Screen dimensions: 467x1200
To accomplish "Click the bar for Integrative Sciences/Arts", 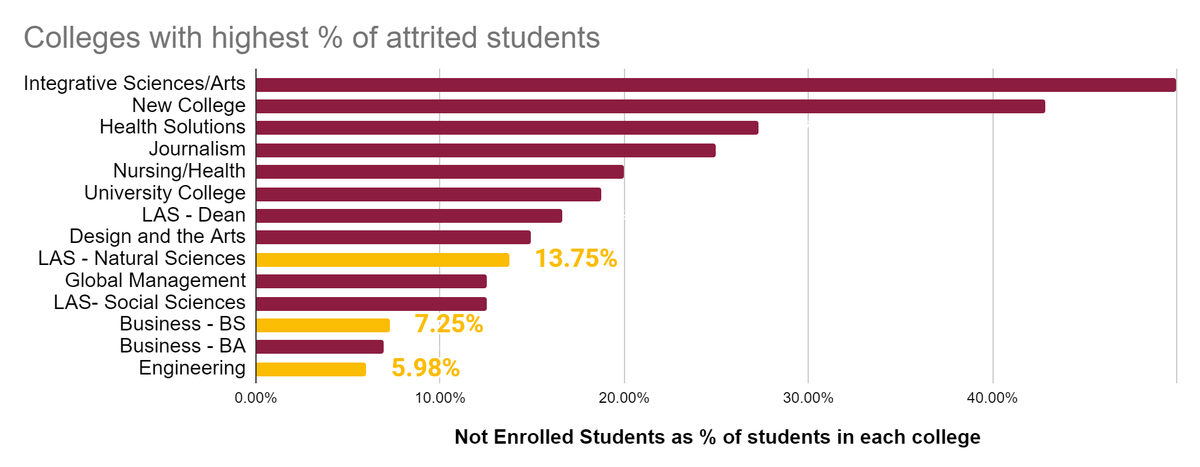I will point(716,85).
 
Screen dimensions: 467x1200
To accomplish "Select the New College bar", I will point(650,106).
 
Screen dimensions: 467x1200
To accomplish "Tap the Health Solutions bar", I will point(507,128).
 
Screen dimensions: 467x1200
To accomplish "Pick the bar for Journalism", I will point(486,150).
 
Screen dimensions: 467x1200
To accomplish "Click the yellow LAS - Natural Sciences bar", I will point(382,259).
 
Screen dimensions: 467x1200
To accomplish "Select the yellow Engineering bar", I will point(311,369).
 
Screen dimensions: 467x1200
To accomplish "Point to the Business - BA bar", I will point(319,347).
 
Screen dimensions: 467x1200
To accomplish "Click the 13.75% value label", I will point(575,259).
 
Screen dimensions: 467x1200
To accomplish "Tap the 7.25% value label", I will point(448,324).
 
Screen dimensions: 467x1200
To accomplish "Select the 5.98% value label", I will point(425,368).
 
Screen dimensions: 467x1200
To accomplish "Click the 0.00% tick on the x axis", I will point(256,398).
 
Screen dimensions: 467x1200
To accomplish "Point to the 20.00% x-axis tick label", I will point(624,398).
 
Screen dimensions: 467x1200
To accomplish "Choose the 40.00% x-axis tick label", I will point(992,398).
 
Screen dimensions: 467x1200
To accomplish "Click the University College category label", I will point(165,193).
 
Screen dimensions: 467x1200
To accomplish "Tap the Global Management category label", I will point(155,280).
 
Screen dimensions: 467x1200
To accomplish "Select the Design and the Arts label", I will point(157,236).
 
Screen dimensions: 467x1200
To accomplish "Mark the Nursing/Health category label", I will point(179,171).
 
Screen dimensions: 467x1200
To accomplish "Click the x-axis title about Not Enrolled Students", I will point(717,437).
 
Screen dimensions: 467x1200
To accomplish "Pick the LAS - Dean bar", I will point(409,216).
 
